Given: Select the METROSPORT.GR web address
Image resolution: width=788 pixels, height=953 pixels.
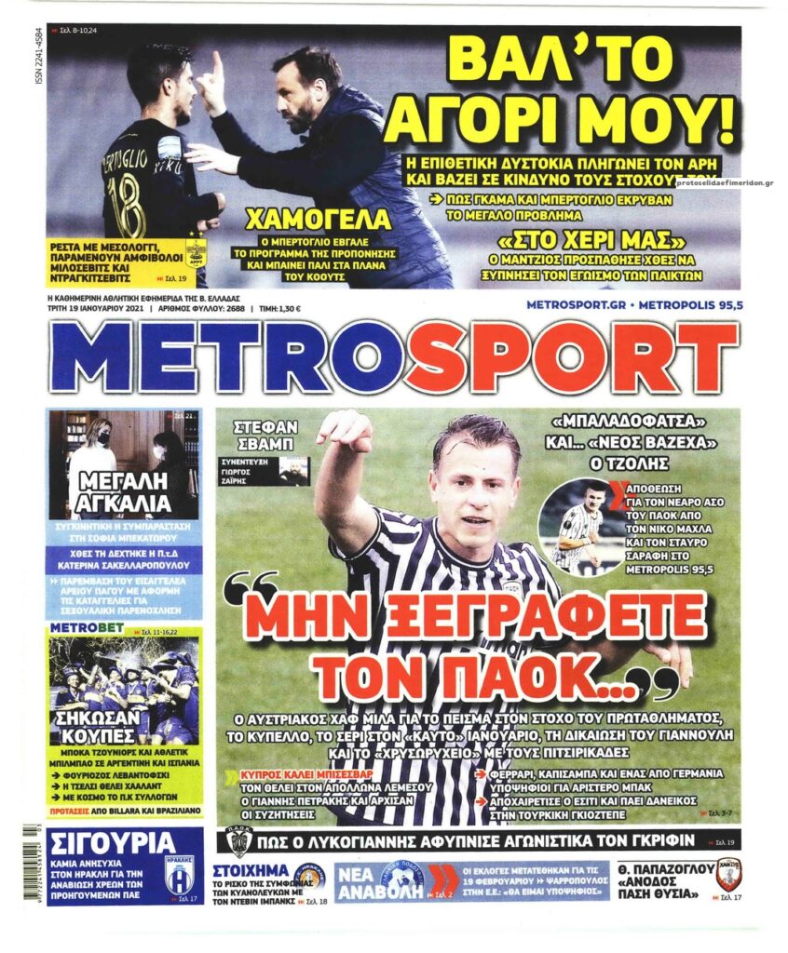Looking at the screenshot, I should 576,305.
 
